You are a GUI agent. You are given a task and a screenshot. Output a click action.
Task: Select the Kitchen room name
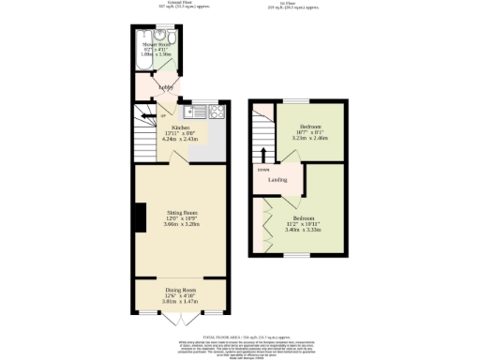(179, 127)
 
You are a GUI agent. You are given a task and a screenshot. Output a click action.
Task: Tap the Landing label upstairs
(277, 179)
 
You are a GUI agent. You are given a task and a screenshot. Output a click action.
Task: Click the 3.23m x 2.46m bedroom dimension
(311, 138)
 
